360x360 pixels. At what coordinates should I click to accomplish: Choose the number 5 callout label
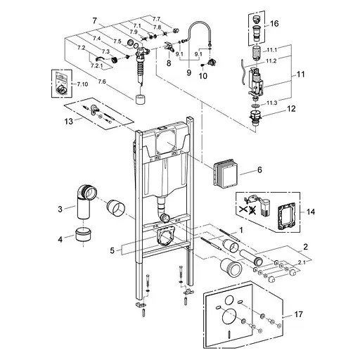click(112, 250)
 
